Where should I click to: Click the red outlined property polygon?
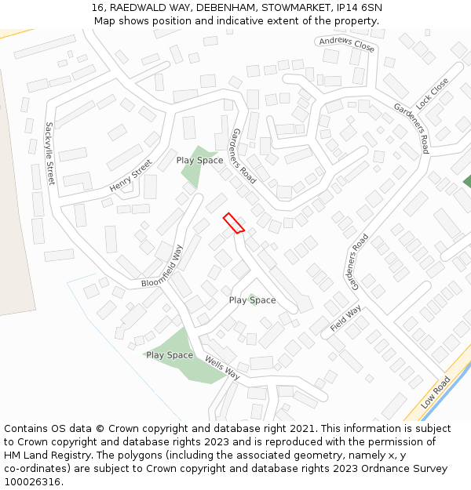click(233, 223)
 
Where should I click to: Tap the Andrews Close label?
click(347, 44)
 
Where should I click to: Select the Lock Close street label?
click(433, 93)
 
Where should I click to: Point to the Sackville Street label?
click(49, 152)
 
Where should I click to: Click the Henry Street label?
click(130, 176)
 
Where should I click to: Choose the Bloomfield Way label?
click(162, 267)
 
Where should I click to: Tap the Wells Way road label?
click(222, 368)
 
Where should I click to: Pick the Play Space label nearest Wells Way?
click(170, 355)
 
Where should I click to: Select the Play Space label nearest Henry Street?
click(199, 160)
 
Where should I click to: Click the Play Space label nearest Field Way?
click(252, 300)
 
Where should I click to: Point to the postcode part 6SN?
click(371, 8)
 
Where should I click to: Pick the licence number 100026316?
click(32, 482)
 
